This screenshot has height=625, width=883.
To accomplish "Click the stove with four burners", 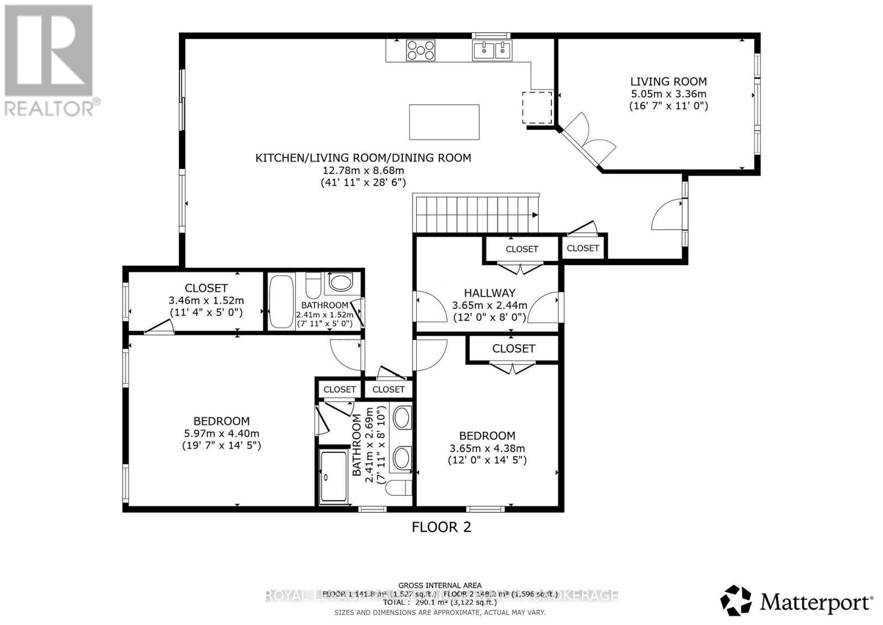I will click(x=421, y=50).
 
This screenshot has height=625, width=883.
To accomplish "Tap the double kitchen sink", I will click(x=492, y=50).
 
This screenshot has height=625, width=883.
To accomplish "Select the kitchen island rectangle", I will click(x=444, y=122).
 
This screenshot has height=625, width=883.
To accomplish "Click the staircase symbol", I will click(x=476, y=214).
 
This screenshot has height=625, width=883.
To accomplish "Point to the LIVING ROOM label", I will click(x=668, y=82).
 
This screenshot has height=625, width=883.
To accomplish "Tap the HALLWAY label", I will click(x=490, y=293).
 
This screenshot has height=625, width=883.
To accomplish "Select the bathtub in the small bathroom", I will click(x=281, y=301).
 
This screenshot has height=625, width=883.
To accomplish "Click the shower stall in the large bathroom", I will click(x=333, y=476).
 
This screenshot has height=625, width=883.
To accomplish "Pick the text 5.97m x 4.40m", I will click(x=221, y=433).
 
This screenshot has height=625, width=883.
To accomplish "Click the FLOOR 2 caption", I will click(x=441, y=527).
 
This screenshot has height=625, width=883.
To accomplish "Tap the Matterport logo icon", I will click(x=736, y=601).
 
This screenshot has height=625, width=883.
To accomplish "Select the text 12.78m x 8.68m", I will click(x=363, y=170).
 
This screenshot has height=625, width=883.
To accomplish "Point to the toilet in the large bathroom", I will click(x=398, y=488).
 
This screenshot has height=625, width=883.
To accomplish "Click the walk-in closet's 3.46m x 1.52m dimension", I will click(x=206, y=300).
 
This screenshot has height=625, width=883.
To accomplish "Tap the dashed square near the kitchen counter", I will click(x=537, y=108).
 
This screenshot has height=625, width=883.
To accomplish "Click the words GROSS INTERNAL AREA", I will click(x=440, y=585).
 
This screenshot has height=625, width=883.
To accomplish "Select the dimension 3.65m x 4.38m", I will click(x=487, y=448).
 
